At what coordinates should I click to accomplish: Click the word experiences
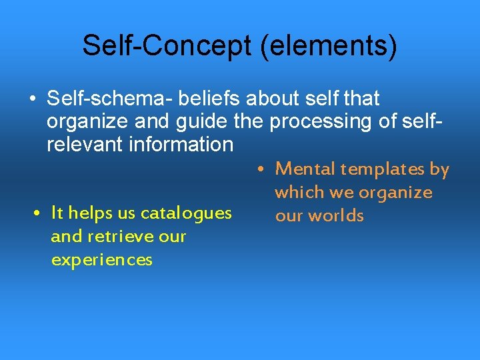tap(101, 260)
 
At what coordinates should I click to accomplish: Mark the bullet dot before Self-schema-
tap(32, 99)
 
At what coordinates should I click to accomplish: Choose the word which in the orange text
tap(298, 193)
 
